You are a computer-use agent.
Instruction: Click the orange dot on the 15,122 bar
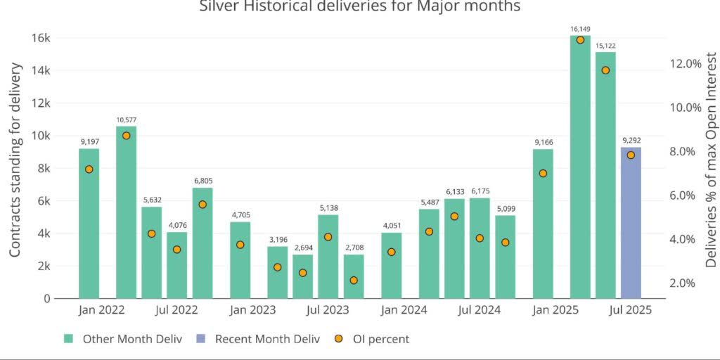[605, 70]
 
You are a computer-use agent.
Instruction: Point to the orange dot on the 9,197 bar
[89, 169]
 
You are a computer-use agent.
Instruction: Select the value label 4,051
[392, 226]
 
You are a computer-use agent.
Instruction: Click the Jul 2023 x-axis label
[328, 310]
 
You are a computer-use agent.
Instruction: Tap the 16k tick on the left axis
[40, 38]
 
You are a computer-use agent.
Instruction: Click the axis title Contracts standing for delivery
[15, 160]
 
